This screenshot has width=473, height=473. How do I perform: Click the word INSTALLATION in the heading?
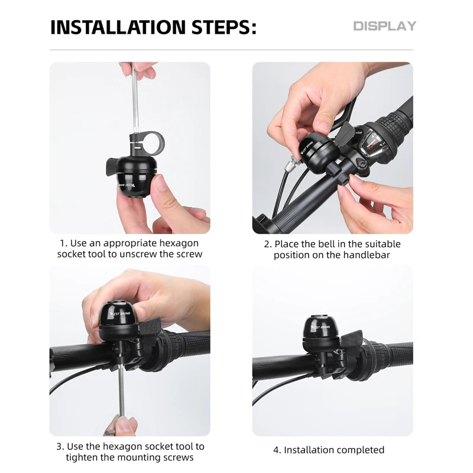[x=118, y=27]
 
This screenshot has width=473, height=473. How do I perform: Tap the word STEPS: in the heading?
[x=224, y=27]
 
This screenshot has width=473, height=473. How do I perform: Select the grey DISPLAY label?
[x=385, y=26]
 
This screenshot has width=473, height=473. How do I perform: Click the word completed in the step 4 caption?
[x=359, y=450]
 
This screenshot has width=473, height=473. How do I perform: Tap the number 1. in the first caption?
[x=64, y=243]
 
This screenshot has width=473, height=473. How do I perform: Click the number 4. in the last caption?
[x=277, y=450]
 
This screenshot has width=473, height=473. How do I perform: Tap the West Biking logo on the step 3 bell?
[x=120, y=313]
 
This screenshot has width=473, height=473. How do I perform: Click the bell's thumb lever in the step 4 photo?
[x=352, y=338]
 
